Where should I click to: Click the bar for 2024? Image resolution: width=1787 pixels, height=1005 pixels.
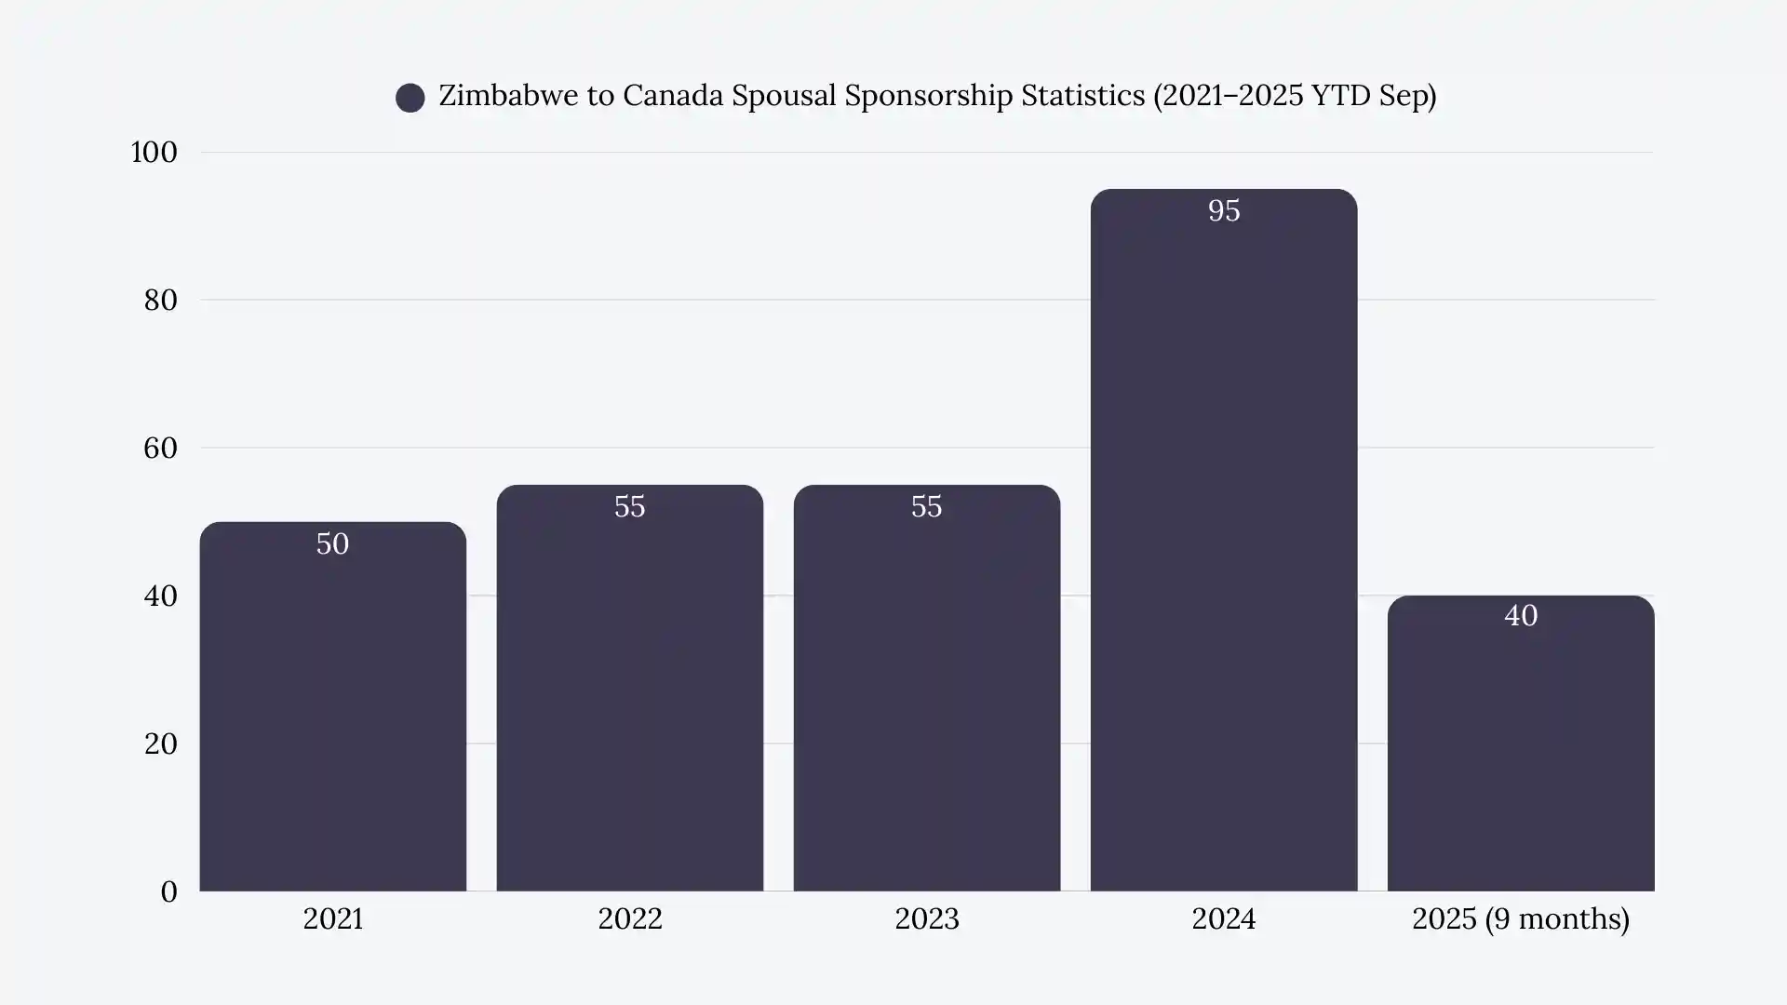(1223, 558)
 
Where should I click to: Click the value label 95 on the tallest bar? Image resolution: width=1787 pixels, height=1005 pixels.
(1223, 211)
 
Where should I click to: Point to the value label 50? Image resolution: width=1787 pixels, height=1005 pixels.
(332, 544)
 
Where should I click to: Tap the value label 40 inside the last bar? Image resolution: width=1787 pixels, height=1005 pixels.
(1520, 616)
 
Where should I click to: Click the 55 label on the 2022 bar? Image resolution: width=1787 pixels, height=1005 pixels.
(629, 507)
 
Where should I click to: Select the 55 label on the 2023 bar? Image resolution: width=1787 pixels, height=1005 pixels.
(926, 507)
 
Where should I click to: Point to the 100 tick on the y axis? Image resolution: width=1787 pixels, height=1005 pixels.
(154, 153)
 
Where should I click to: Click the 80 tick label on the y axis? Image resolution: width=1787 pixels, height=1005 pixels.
(160, 301)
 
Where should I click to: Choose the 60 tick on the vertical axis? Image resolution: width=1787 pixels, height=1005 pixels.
(160, 449)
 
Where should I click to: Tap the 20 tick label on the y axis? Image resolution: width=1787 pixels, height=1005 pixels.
(160, 744)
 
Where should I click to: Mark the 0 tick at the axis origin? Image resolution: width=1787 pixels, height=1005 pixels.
(168, 892)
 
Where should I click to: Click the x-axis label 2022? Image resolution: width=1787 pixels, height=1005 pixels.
(629, 919)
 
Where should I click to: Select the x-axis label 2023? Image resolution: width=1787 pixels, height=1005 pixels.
(926, 919)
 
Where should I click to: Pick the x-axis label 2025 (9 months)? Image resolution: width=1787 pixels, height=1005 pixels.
(1520, 919)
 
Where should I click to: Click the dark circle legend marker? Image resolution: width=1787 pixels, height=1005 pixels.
(410, 98)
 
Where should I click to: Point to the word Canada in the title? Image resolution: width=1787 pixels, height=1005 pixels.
(673, 96)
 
